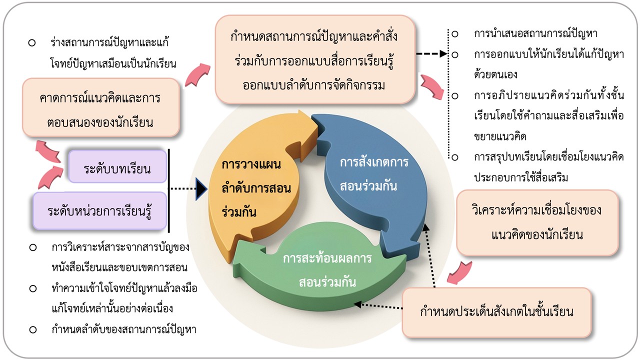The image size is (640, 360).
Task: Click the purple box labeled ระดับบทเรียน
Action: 118,166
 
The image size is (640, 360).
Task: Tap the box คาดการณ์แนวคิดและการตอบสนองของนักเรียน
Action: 100,107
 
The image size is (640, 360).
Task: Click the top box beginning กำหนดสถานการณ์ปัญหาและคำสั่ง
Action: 315,59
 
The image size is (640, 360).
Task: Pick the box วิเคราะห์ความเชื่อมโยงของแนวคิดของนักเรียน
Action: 537,222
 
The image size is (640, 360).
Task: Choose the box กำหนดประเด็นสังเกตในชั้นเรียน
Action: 496,312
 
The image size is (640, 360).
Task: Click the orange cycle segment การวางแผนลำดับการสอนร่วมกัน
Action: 250,187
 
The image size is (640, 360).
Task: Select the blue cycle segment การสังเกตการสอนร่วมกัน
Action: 380,175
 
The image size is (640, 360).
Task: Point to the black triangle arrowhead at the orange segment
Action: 201,189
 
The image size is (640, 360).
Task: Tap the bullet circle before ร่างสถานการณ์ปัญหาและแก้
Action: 31,42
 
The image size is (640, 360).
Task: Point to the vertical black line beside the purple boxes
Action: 169,190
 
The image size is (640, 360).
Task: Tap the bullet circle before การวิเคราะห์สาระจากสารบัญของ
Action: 33,247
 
